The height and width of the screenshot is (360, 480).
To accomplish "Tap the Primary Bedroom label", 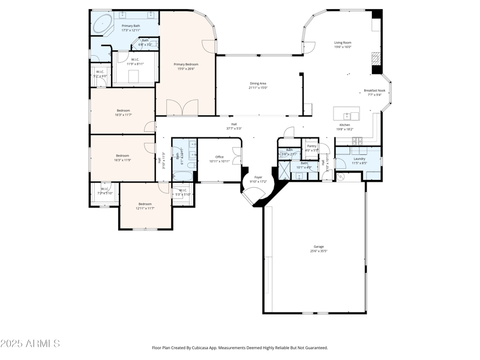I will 186,64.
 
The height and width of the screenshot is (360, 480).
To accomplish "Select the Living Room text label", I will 343,43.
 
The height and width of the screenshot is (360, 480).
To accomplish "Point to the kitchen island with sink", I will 347,114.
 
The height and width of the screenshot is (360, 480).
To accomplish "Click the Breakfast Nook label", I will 374,91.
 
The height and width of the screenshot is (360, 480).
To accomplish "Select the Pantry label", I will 311,146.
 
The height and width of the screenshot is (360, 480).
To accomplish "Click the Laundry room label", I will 359,158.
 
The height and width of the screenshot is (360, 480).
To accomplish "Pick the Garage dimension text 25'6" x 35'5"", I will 319,251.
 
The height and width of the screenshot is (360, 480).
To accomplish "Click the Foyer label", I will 258,177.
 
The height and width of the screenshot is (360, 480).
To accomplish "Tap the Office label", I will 220,157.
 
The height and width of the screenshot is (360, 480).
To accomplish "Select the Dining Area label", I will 258,83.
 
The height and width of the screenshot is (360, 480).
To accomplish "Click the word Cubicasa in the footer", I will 208,347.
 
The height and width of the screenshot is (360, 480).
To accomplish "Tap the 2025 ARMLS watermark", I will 30,344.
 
